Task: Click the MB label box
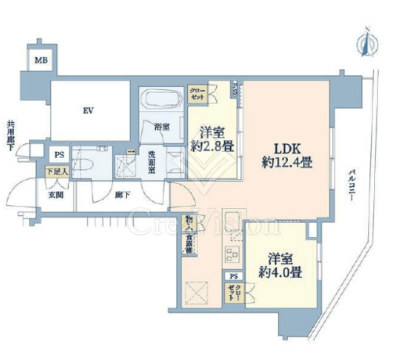click(39, 59)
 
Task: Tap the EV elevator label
click(88, 110)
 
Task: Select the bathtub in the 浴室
click(161, 100)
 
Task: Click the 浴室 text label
click(161, 127)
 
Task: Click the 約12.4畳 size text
click(286, 164)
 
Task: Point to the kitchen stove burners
click(232, 252)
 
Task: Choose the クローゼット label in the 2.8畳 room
click(198, 95)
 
